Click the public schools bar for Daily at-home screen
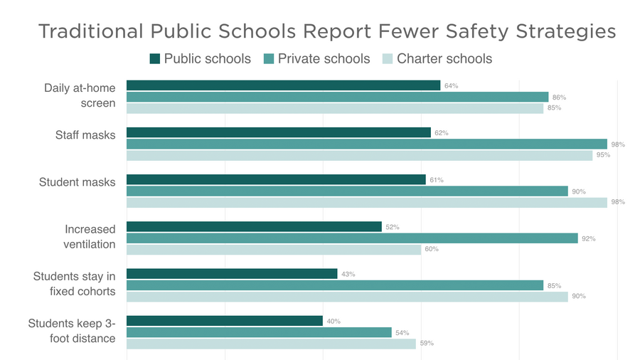[283, 85]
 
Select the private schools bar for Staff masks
[366, 144]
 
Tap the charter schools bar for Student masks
[366, 202]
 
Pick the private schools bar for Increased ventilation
[352, 238]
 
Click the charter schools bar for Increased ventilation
[274, 250]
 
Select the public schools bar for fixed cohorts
[232, 274]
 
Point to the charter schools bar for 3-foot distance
[271, 344]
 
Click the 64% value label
[451, 86]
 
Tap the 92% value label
[588, 239]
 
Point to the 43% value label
[348, 275]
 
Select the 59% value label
[426, 344]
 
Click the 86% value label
[559, 97]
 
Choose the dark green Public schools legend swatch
[155, 58]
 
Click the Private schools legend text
[324, 58]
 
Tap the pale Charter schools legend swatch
[388, 58]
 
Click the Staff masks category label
[85, 134]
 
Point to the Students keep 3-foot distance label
[72, 331]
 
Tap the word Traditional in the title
[90, 32]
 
